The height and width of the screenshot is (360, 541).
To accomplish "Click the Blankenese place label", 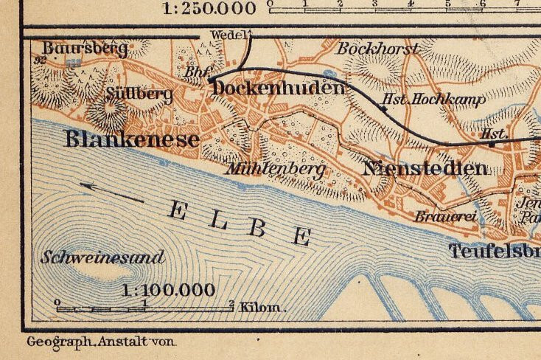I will click(142, 139).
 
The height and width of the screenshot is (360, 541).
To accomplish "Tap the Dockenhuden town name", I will click(278, 89).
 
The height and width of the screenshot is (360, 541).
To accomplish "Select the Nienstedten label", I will click(425, 168).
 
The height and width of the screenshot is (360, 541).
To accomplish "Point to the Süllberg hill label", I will click(139, 94).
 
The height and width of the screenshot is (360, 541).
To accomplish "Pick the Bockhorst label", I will click(377, 49).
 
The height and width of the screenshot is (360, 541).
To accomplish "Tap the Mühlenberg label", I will click(276, 169).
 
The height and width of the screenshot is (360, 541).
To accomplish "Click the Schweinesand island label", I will click(102, 258).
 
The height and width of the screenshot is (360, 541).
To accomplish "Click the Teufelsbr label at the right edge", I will click(495, 252).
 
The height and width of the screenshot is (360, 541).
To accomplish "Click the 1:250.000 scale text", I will click(210, 8).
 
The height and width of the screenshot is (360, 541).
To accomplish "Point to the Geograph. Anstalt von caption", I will click(102, 343).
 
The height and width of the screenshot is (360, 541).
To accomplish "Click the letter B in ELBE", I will click(256, 227).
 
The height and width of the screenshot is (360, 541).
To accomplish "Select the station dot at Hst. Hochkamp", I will click(383, 109).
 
